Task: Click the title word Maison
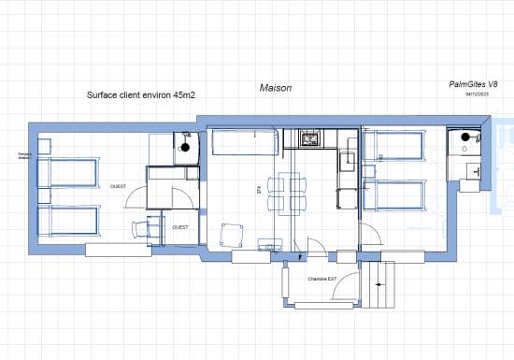click(276, 88)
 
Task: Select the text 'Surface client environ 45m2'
click(140, 94)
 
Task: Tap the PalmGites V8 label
click(474, 84)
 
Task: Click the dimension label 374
click(259, 189)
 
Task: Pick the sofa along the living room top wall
click(244, 143)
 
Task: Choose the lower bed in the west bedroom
click(67, 221)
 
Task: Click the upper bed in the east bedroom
click(396, 145)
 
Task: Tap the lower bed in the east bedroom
click(396, 194)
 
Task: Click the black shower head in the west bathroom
click(185, 147)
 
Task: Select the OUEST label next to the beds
click(119, 185)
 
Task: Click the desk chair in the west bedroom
click(141, 229)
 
